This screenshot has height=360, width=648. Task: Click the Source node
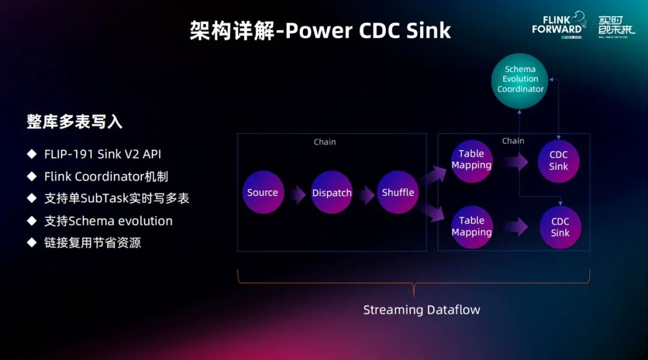tap(263, 193)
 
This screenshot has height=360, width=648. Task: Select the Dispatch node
tap(332, 193)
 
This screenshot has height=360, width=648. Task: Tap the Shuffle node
tap(398, 193)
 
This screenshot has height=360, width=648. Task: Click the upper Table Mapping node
tap(472, 160)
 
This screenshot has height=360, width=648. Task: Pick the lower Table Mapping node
tap(472, 226)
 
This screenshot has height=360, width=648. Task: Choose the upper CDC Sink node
tap(559, 160)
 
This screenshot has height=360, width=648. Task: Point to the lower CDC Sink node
tap(560, 227)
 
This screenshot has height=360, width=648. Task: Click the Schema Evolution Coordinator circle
tap(520, 80)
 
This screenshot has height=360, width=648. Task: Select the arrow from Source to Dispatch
tap(297, 193)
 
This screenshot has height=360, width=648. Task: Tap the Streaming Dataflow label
tap(421, 310)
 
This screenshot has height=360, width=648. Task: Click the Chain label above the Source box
tap(325, 142)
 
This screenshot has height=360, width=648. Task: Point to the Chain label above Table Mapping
tap(513, 141)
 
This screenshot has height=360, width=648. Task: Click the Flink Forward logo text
tap(557, 24)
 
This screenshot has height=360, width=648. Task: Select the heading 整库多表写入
tap(74, 122)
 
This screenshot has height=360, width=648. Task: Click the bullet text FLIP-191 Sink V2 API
tap(103, 154)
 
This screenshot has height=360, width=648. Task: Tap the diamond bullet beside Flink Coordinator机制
tap(32, 176)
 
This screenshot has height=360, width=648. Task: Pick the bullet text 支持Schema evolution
tap(109, 221)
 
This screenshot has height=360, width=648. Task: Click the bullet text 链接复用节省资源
tap(92, 243)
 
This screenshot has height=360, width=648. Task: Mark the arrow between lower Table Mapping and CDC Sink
tap(515, 227)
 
